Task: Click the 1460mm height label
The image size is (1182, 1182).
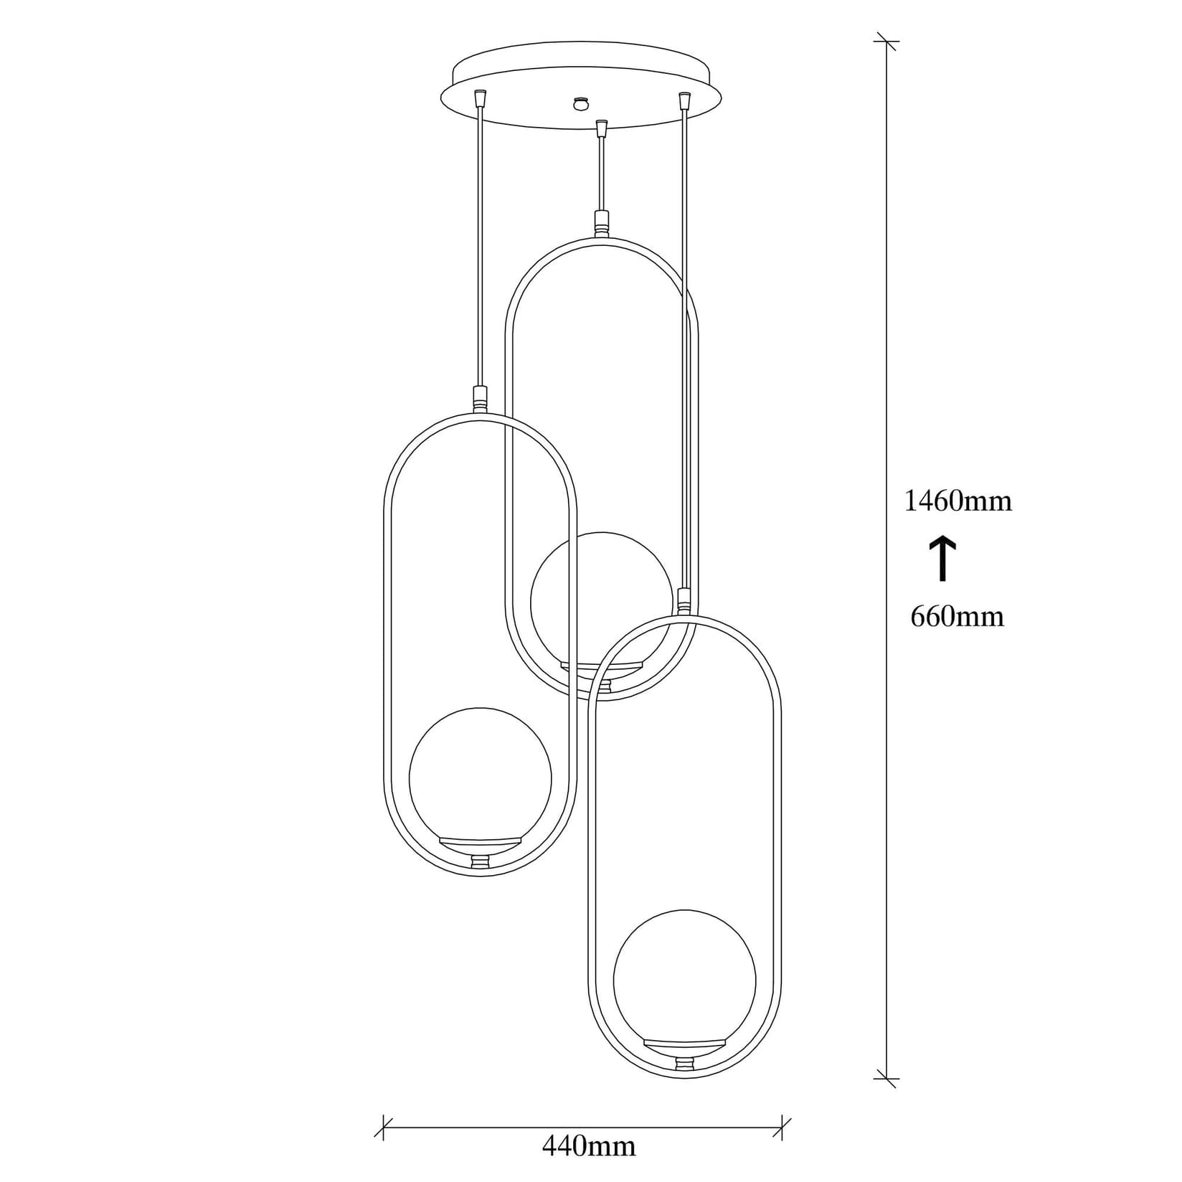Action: [958, 501]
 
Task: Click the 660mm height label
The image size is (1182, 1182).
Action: [957, 616]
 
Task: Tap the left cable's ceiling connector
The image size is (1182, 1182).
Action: [480, 96]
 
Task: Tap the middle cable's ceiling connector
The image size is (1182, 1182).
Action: [602, 128]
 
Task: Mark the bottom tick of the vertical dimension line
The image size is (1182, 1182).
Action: [887, 1098]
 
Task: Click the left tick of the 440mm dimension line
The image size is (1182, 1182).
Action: [384, 1127]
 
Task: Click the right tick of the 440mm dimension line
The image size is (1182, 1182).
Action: [785, 1127]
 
